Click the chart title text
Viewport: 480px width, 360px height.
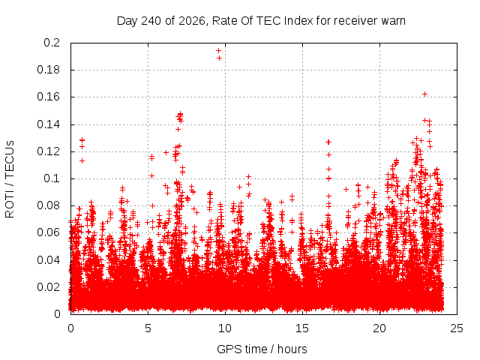[x=261, y=21]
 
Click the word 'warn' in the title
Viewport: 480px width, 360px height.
[x=393, y=21]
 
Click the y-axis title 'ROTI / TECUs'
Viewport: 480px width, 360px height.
[x=10, y=179]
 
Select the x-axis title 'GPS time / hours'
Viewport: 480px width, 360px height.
[x=262, y=349]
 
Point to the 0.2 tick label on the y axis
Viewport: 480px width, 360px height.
[x=52, y=43]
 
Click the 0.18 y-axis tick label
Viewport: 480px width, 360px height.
[x=49, y=70]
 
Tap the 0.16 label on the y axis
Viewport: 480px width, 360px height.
[x=49, y=97]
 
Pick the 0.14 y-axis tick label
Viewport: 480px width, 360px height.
[x=49, y=124]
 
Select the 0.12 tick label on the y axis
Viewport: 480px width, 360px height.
[x=49, y=151]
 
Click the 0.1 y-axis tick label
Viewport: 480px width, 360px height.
[x=52, y=178]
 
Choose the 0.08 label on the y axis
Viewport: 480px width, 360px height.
[x=49, y=205]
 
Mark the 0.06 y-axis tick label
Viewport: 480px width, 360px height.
[x=49, y=232]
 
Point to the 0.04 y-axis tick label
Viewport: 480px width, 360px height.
[x=49, y=260]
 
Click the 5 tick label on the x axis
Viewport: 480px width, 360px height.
[x=148, y=328]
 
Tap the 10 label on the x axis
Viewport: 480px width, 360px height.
[x=225, y=328]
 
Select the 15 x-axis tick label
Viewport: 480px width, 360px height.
[x=302, y=328]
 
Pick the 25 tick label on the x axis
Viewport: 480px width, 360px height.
[x=457, y=328]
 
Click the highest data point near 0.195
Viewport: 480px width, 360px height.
[x=218, y=50]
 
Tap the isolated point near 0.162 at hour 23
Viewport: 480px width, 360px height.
[x=424, y=94]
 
